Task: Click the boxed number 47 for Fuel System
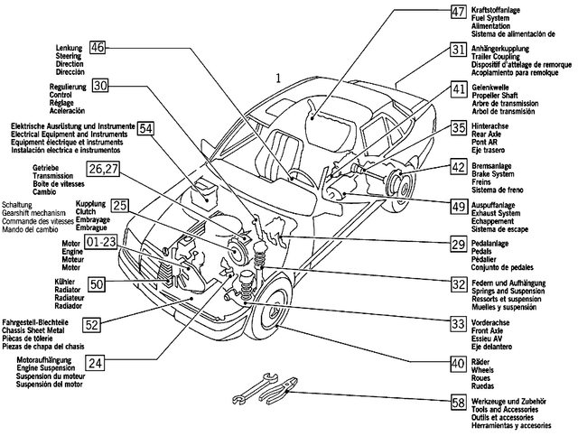[459, 12]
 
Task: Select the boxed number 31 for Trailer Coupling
[459, 50]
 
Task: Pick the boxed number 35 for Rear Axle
[459, 128]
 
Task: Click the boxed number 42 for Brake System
[459, 167]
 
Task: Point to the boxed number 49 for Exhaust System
[459, 207]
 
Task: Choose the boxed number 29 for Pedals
[459, 245]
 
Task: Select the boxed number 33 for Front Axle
[459, 322]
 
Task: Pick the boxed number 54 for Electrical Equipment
[146, 128]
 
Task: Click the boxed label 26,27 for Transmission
[103, 168]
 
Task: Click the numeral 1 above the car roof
[280, 78]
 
